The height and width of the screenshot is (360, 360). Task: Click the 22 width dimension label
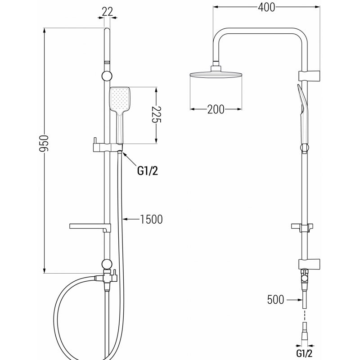click(x=107, y=12)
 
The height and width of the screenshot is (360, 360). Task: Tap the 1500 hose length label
click(x=151, y=220)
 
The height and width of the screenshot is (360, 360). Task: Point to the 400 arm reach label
click(x=266, y=7)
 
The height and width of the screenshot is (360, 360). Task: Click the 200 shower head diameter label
click(x=216, y=109)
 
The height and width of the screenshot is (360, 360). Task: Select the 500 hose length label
click(x=275, y=299)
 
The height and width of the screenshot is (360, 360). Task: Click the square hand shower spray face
click(x=119, y=99)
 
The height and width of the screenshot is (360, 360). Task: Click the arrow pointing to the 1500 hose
click(x=130, y=220)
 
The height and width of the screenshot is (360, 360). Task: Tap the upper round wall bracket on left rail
click(x=107, y=75)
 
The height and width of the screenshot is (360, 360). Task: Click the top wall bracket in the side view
click(x=310, y=74)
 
